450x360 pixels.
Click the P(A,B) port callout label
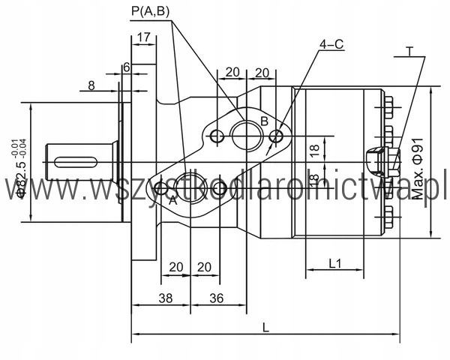pos(151,11)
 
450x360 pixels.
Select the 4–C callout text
pos(331,44)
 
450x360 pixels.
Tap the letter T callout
pos(409,52)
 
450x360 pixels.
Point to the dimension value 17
pos(144,37)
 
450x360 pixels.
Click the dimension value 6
pos(127,67)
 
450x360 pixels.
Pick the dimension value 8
pos(91,85)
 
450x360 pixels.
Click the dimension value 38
pos(166,298)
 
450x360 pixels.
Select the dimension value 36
pos(217,298)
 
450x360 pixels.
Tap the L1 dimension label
pos(334,263)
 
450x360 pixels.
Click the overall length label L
pos(266,327)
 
